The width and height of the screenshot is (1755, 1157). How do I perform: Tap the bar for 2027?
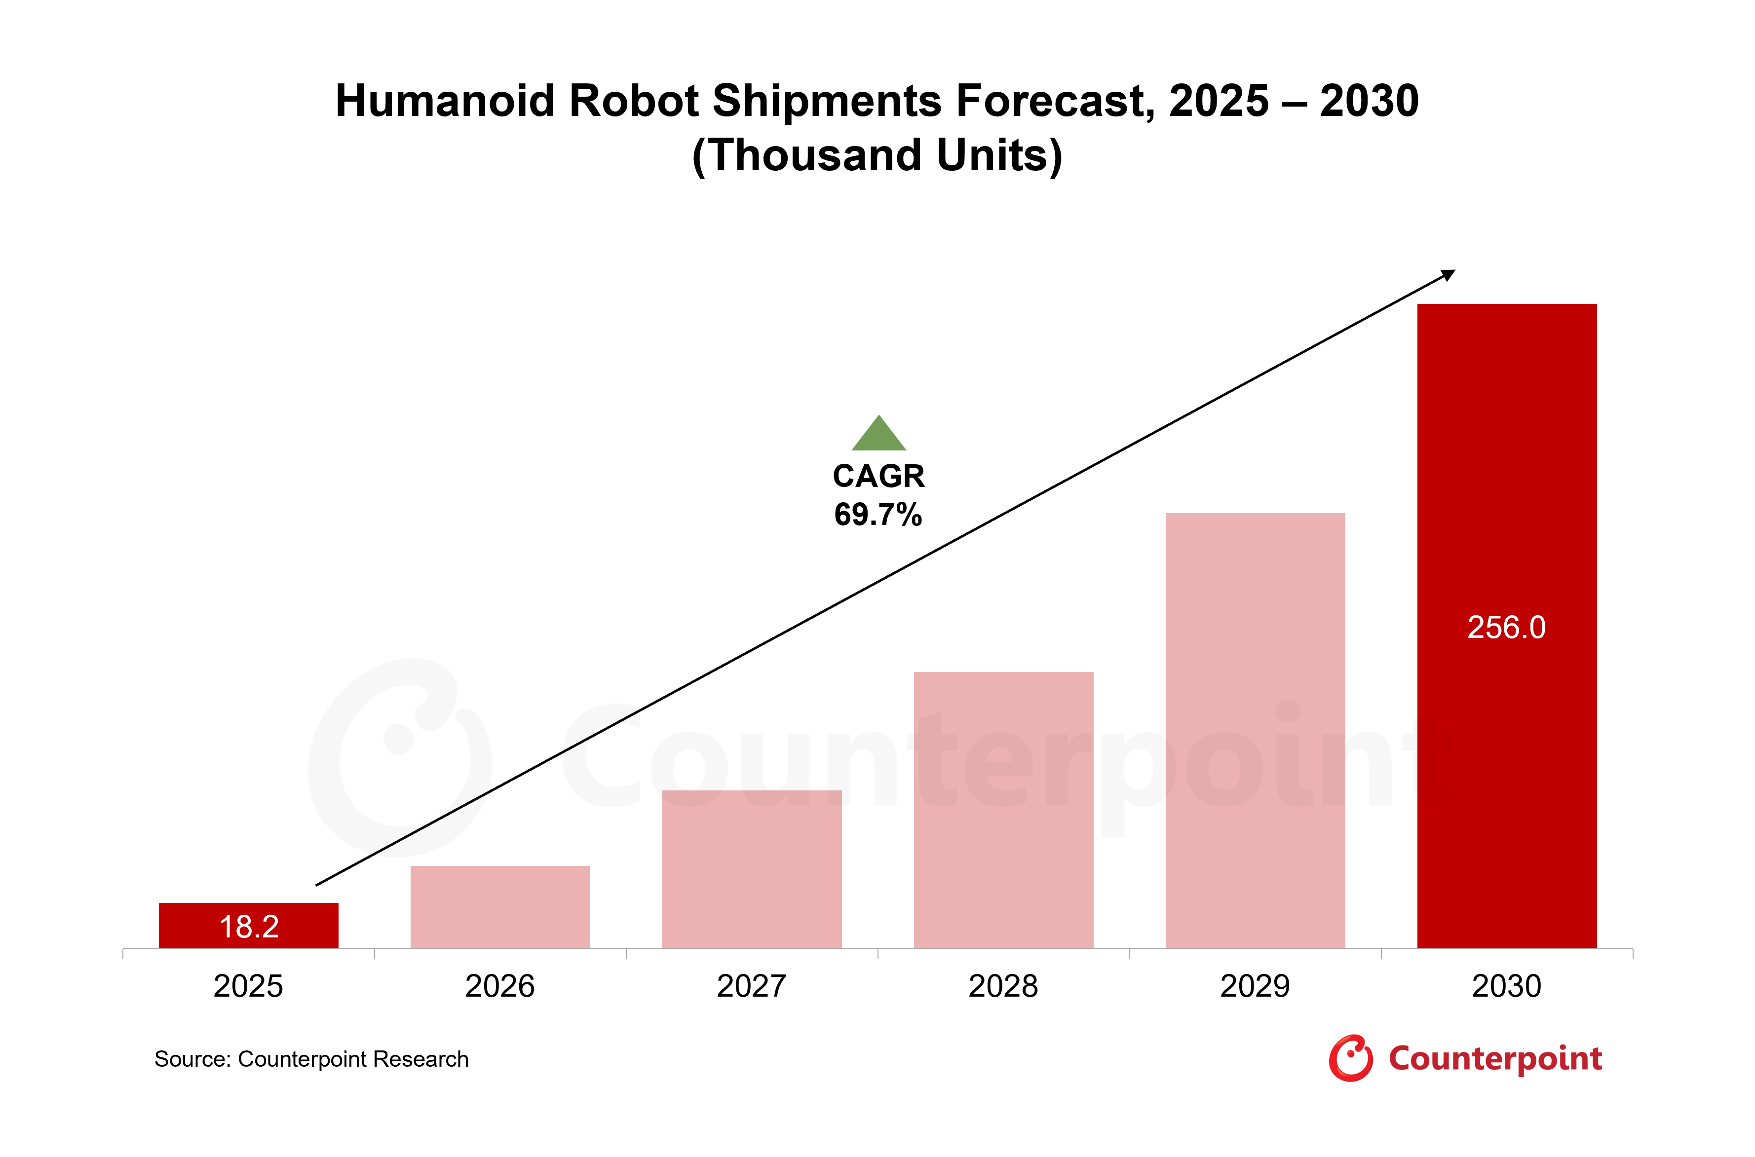pyautogui.click(x=752, y=869)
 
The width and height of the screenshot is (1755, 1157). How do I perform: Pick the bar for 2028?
pyautogui.click(x=1004, y=810)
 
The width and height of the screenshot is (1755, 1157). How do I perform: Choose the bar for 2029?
pyautogui.click(x=1256, y=731)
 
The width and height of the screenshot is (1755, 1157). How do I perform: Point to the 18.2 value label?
pyautogui.click(x=249, y=927)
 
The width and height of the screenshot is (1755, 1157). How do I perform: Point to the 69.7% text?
pyautogui.click(x=878, y=514)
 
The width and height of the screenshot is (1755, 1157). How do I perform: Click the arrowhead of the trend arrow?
pyautogui.click(x=1449, y=274)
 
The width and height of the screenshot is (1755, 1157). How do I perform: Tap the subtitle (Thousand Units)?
pyautogui.click(x=877, y=156)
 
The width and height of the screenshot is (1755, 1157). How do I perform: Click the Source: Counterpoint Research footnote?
pyautogui.click(x=311, y=1060)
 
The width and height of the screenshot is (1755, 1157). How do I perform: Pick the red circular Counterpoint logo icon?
pyautogui.click(x=1351, y=1058)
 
